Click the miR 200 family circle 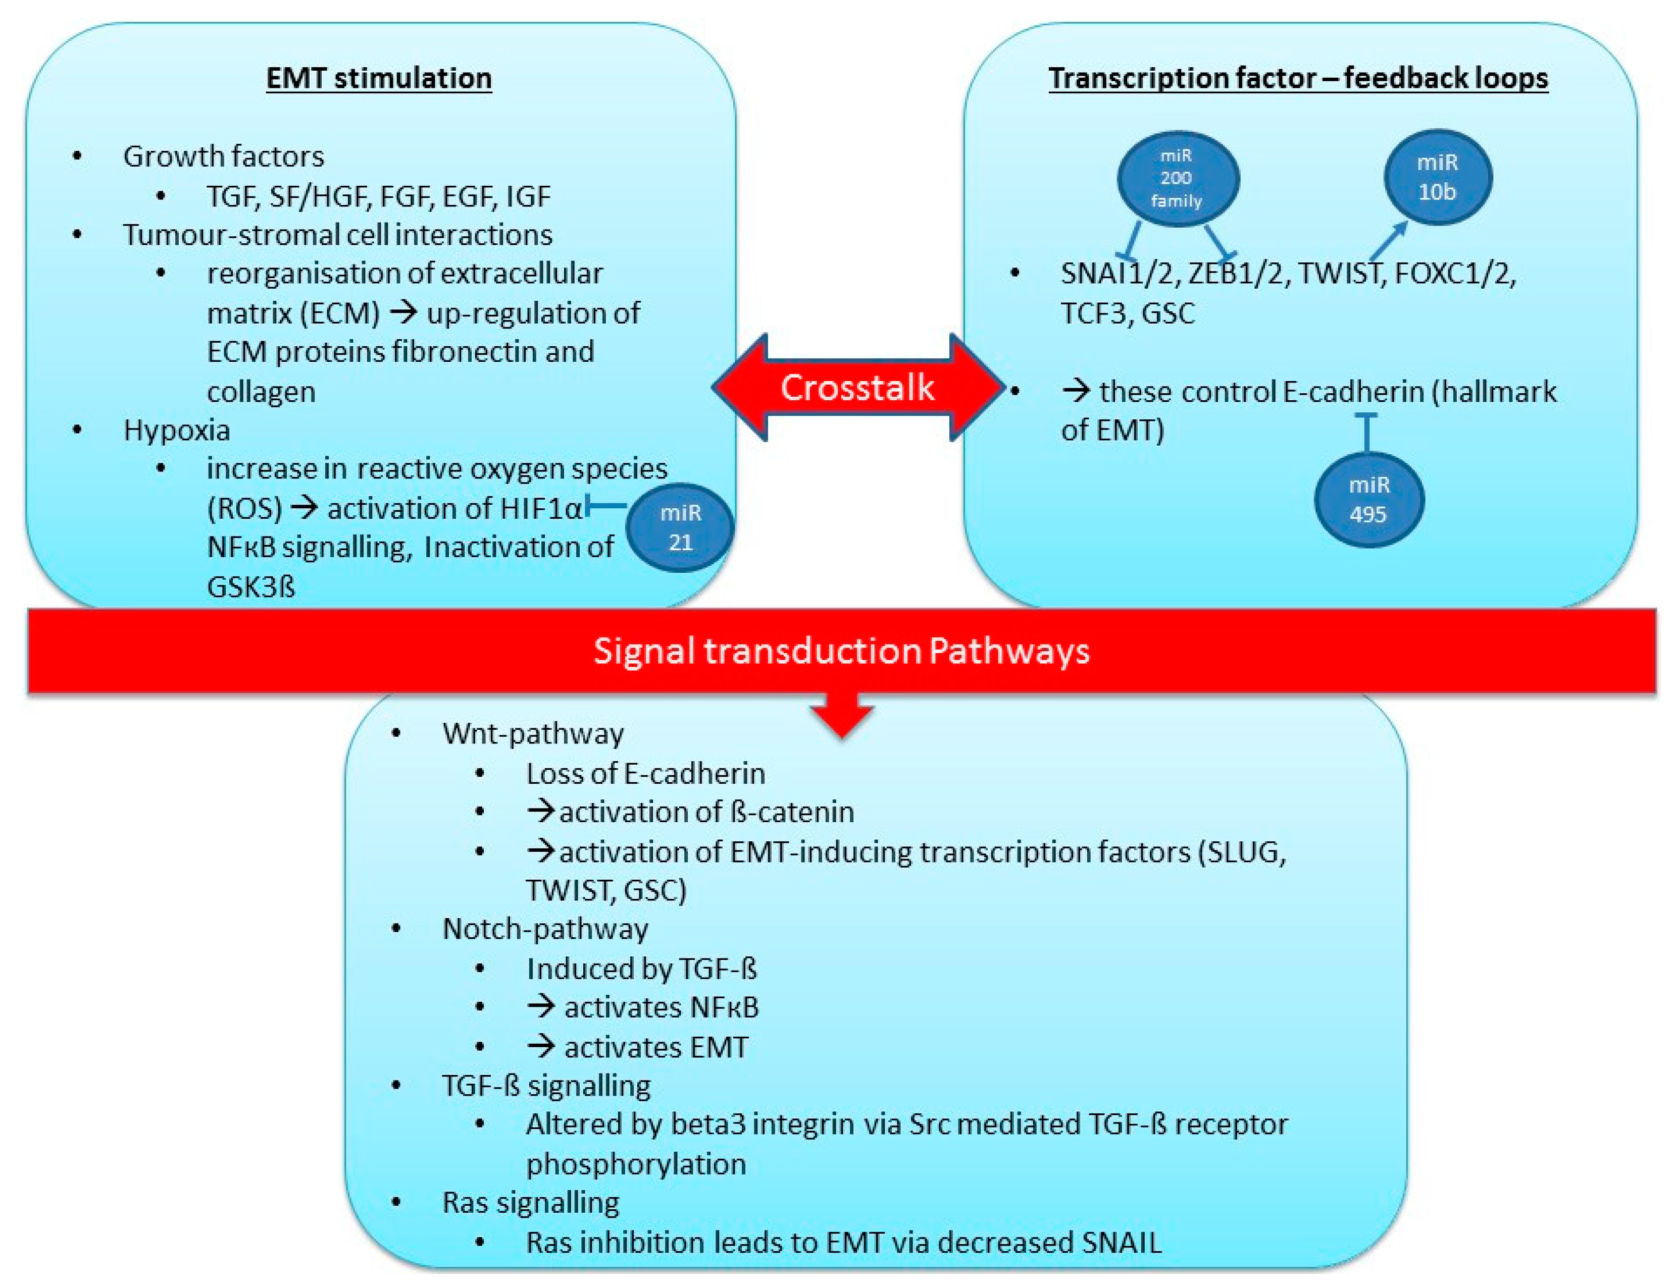click(x=1177, y=179)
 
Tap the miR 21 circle click(x=680, y=527)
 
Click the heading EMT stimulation click(x=379, y=78)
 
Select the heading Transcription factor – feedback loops click(x=1298, y=78)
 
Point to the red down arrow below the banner click(x=842, y=716)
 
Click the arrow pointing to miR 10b click(x=1388, y=240)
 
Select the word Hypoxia click(x=176, y=430)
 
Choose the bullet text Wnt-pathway click(x=533, y=733)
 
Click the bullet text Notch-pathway click(x=545, y=929)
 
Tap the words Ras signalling click(x=530, y=1202)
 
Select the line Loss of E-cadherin click(x=645, y=773)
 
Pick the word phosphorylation click(x=635, y=1164)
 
